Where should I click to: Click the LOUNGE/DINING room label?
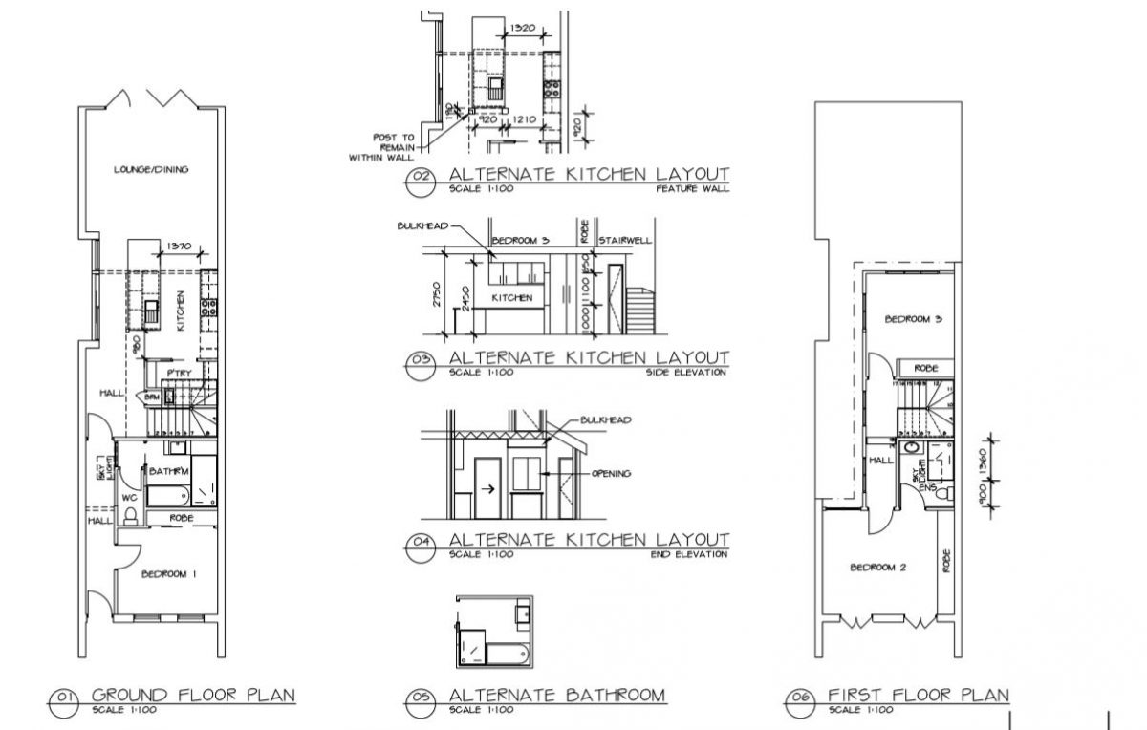click(x=150, y=170)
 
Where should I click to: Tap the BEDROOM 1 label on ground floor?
click(x=168, y=574)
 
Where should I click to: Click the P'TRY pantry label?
click(x=177, y=372)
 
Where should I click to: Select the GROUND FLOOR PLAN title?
click(x=193, y=695)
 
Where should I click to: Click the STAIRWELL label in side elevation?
click(x=624, y=240)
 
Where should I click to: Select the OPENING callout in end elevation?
click(x=612, y=473)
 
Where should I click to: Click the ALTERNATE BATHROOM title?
click(x=556, y=695)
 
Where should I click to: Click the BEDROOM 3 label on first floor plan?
click(x=913, y=319)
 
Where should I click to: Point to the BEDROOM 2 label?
click(x=877, y=568)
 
